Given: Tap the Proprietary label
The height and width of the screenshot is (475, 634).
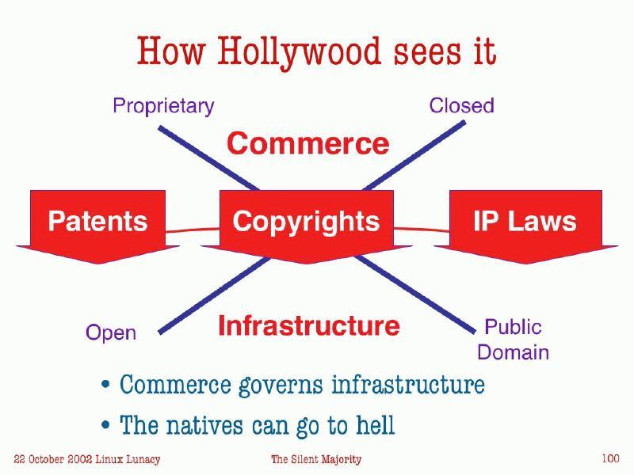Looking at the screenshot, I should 163,106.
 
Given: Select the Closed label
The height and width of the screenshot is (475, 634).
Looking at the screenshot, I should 461,106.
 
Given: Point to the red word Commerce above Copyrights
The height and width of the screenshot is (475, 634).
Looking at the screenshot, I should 307,144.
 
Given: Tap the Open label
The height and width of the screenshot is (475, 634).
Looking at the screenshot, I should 111,333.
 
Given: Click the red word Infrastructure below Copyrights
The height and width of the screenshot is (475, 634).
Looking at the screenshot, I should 308,325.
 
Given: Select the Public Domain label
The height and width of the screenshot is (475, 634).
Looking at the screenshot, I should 513,339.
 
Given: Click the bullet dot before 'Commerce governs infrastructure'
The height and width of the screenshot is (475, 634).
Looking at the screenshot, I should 105,386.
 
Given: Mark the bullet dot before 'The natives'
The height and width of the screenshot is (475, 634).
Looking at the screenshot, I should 105,427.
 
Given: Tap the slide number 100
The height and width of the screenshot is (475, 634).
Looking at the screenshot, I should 610,458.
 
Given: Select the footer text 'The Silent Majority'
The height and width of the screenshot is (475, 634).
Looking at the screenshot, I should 316,459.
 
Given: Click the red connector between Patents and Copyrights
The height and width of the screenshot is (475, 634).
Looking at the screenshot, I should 192,230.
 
